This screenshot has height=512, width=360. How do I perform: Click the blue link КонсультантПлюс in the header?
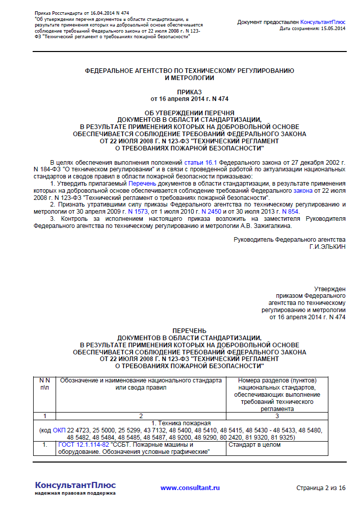coord(322,22)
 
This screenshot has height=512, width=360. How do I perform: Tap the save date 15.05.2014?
coord(332,29)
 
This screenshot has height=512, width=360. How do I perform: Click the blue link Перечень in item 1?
coord(142,183)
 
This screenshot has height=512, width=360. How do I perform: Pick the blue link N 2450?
coord(211,211)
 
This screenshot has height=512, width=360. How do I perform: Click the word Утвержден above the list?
coord(330,289)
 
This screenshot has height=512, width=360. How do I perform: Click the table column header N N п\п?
coord(44,384)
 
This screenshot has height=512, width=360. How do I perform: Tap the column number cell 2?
coord(140,416)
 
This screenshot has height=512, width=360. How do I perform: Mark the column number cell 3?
coord(277,416)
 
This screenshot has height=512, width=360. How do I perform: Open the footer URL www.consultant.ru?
coord(190,488)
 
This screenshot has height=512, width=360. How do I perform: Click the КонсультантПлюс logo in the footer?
coord(75,485)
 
